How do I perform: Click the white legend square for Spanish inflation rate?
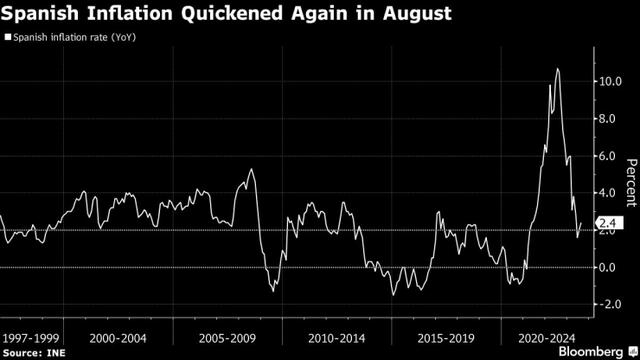pos(8,38)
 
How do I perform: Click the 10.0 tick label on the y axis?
pos(611,82)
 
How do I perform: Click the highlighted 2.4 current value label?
pos(606,224)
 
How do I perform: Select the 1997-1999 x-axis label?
pos(31,336)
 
